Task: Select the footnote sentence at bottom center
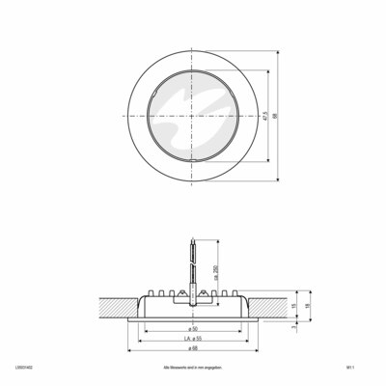click(x=192, y=368)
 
